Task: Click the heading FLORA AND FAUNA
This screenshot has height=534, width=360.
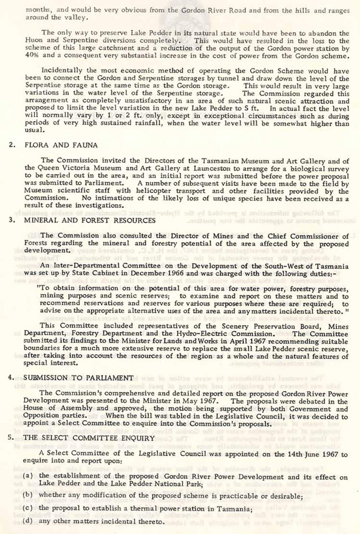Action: (x=61, y=145)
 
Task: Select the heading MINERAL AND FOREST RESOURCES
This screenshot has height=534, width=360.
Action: (x=90, y=221)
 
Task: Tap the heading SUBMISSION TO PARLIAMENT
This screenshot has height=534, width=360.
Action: (x=78, y=378)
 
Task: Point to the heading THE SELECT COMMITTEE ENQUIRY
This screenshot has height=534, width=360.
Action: (x=89, y=438)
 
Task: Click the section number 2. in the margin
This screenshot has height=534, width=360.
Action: (x=12, y=145)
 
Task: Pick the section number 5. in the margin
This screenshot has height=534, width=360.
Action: (x=11, y=438)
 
